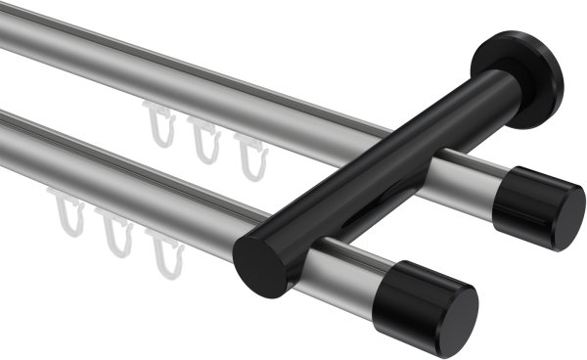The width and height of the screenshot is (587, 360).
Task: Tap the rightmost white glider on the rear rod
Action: pos(249,154)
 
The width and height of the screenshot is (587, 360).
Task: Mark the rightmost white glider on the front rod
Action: pos(165,251)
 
